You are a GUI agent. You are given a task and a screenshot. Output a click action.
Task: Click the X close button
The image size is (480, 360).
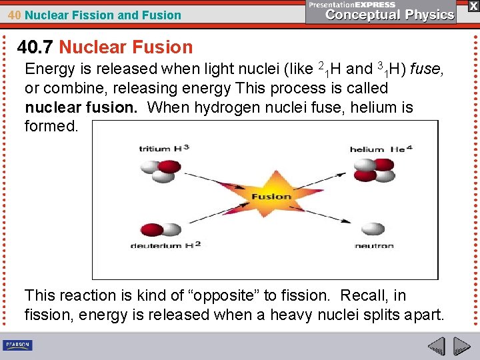(x=473, y=6)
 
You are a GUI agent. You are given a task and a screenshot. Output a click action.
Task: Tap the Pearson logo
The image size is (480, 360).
(x=18, y=345)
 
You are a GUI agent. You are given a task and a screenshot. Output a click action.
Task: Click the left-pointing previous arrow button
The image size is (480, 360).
(x=436, y=346)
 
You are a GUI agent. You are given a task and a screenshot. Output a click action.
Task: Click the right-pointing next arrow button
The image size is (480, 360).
(x=462, y=346)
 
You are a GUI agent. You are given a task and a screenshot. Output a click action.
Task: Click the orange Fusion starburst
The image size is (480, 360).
(x=271, y=196)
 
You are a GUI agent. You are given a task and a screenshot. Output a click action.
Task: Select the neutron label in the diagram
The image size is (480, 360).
(x=374, y=246)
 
